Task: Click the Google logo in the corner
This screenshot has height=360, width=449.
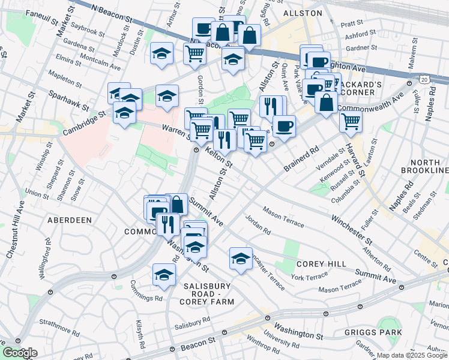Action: tap(20, 353)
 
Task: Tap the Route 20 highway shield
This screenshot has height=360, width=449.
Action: tap(424, 79)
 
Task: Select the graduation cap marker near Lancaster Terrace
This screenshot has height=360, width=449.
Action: tap(241, 259)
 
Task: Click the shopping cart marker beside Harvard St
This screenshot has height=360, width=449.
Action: tap(351, 121)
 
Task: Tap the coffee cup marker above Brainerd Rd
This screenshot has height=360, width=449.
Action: tap(284, 126)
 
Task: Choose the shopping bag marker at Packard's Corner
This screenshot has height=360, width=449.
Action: tap(326, 103)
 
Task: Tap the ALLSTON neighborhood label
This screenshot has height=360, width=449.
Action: tap(298, 13)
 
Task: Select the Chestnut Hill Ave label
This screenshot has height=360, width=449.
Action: tap(16, 229)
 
